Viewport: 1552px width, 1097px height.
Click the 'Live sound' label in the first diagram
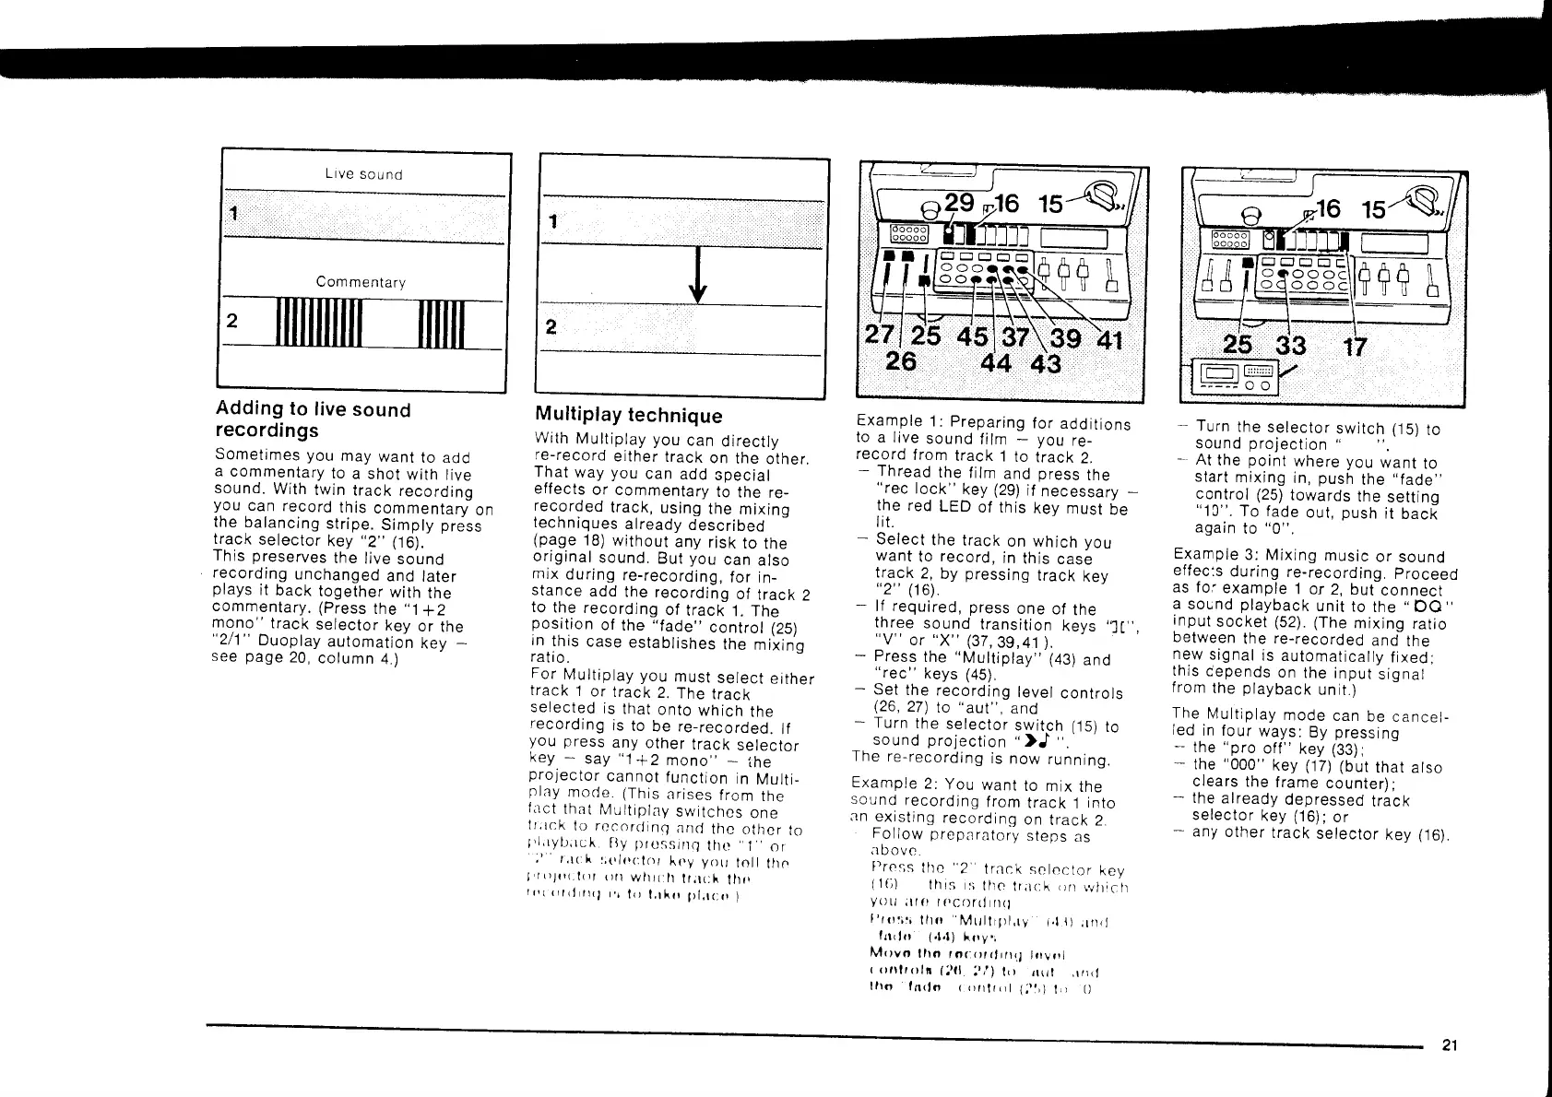363,174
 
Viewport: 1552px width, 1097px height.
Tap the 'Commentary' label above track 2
361,282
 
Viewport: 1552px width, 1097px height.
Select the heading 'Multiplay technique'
629,416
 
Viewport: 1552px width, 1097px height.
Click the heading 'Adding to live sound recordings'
313,419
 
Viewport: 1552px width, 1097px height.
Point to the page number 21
1449,1045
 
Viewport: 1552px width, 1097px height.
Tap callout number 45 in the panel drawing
972,336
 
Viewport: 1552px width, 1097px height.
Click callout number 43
1045,364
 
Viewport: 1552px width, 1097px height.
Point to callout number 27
877,336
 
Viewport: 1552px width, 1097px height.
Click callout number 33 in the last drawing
1290,346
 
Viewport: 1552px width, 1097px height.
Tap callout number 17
1355,347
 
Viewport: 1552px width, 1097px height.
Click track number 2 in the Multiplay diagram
551,327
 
